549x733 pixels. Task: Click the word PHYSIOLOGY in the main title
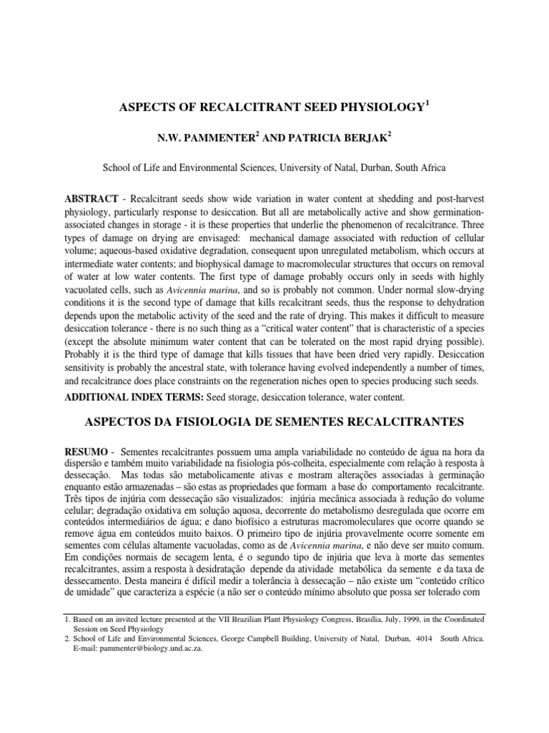coord(377,107)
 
